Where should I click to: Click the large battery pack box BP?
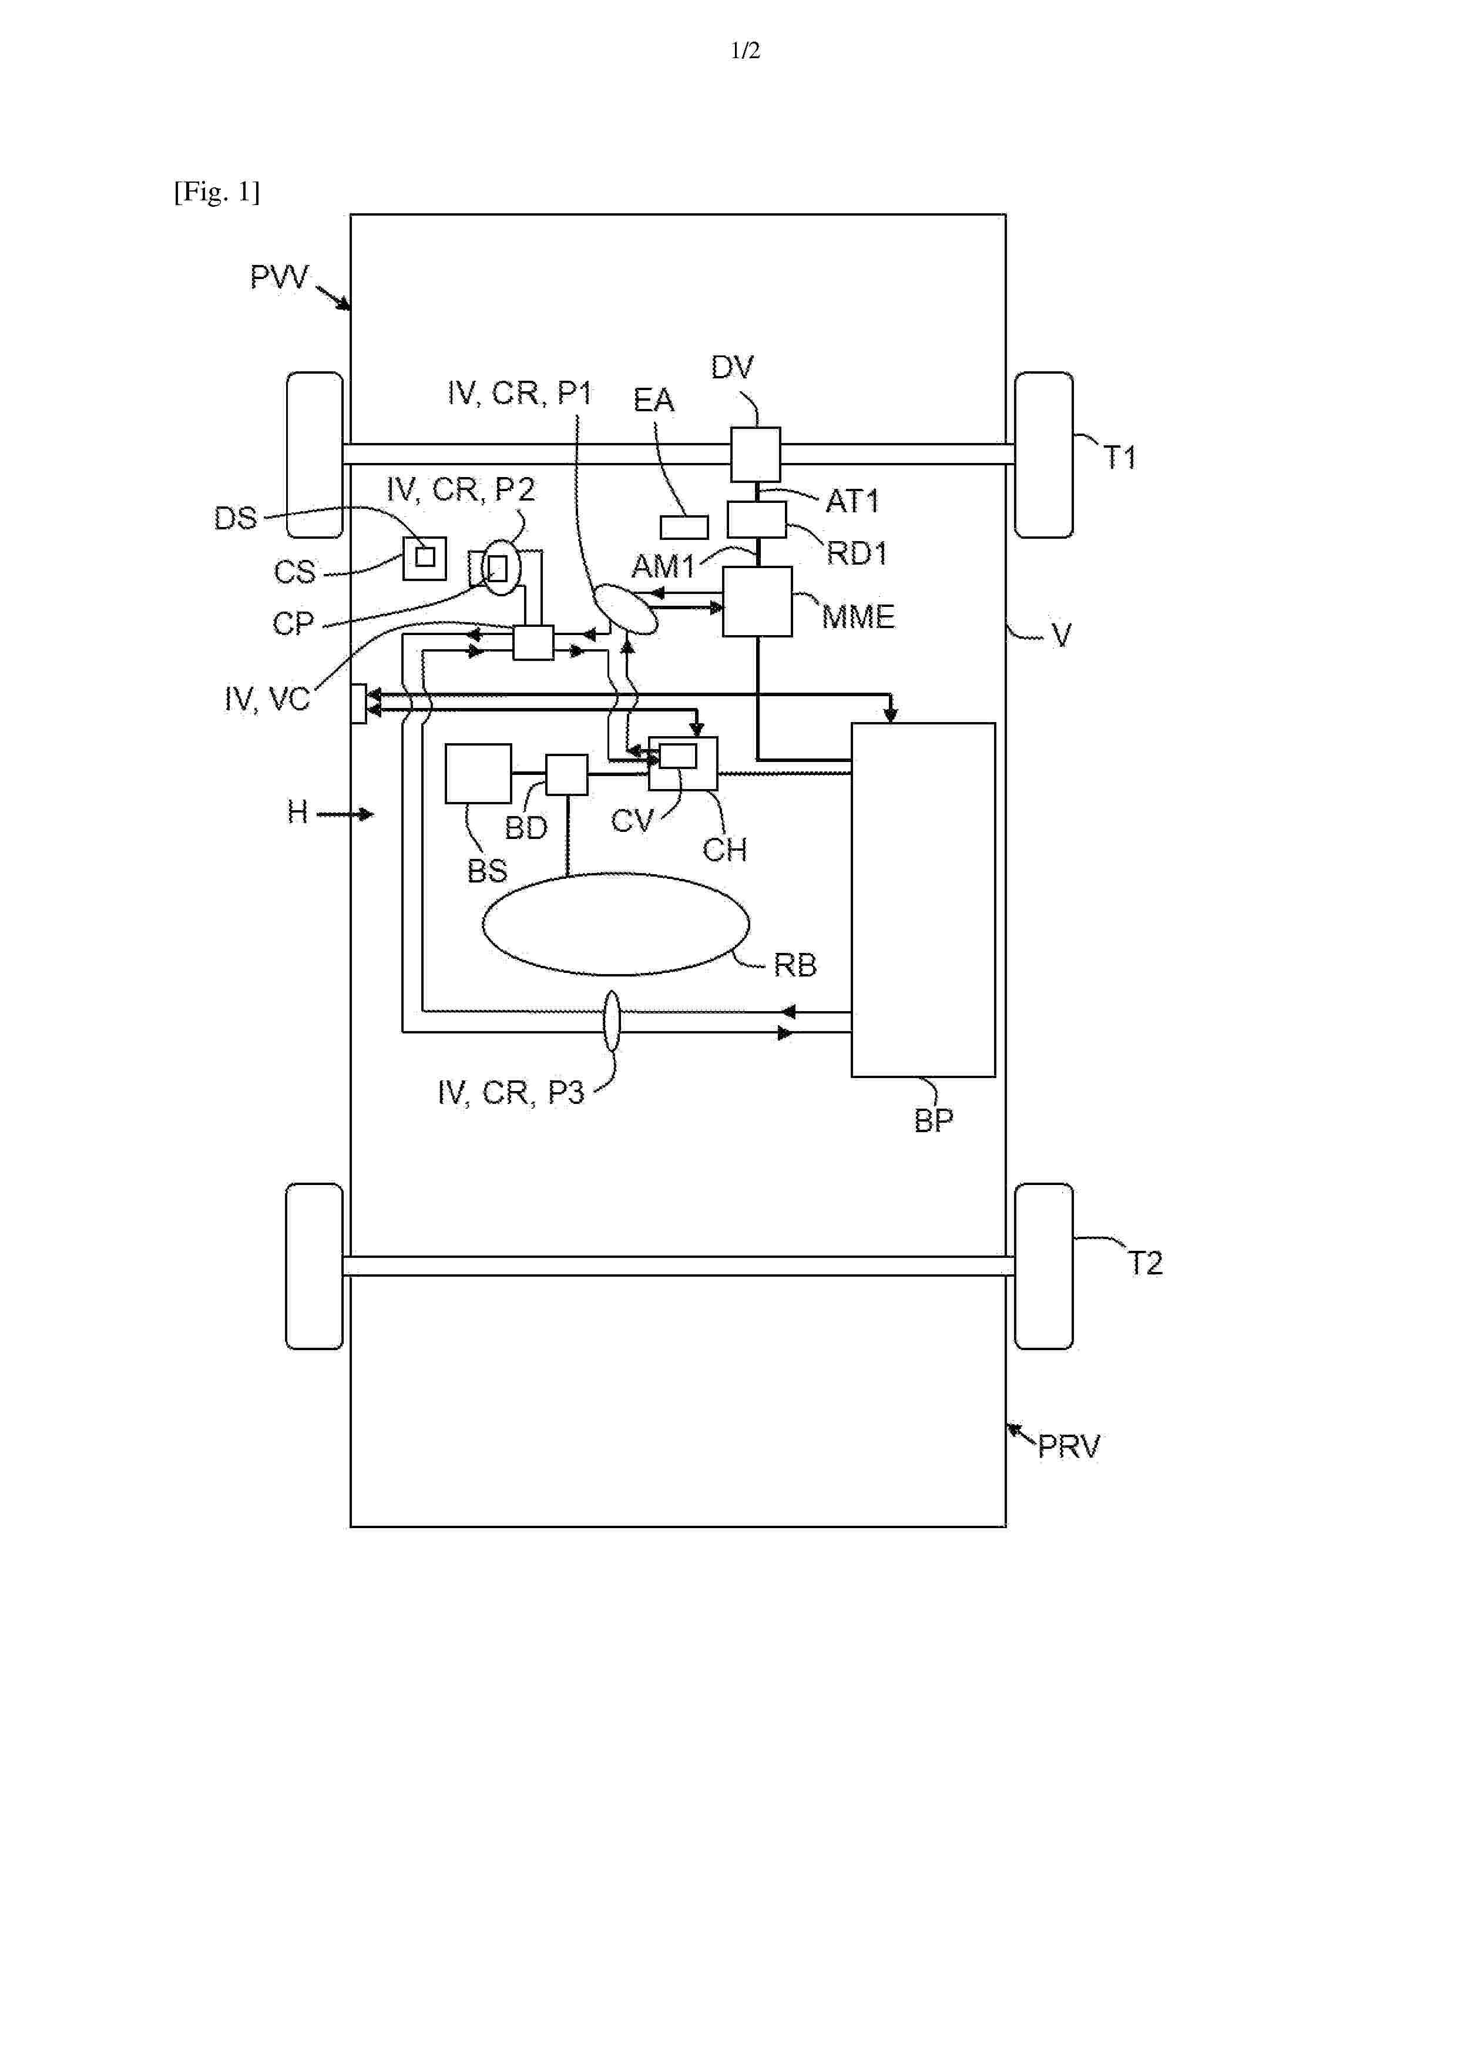coord(923,899)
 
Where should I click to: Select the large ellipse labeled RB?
coord(616,924)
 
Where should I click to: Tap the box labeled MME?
coord(757,602)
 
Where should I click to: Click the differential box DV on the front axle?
coord(755,454)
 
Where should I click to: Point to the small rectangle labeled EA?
coord(684,527)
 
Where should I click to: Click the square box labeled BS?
coord(478,773)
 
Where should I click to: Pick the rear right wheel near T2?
coord(1043,1266)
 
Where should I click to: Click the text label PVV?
coord(279,277)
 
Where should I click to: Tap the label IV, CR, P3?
coord(511,1092)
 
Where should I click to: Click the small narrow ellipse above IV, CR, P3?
coord(612,1021)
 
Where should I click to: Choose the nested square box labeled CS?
coord(425,558)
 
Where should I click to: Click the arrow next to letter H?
coord(345,814)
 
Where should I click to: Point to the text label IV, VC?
coord(267,699)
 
